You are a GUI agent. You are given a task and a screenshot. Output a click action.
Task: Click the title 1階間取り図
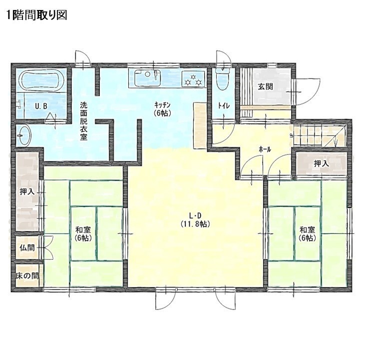point(37,15)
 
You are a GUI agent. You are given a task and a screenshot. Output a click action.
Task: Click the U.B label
point(41,106)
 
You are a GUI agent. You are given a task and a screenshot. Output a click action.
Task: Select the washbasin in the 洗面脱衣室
point(24,135)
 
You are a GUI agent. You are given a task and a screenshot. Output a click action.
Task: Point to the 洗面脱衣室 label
point(83,121)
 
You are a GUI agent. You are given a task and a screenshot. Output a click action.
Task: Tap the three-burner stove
point(193,79)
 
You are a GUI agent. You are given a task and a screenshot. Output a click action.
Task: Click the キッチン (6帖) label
point(162,109)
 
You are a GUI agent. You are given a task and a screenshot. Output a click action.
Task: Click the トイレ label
point(224,106)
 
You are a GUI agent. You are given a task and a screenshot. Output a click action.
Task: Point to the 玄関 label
point(266,86)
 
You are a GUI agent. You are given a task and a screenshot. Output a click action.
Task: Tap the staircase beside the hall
point(320,135)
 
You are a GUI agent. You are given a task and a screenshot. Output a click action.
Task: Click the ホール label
point(265,149)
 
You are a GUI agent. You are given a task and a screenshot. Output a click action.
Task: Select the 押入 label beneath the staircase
point(321,164)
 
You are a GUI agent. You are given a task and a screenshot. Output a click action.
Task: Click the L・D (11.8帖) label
point(195,219)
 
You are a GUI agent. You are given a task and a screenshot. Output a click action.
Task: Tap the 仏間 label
point(27,247)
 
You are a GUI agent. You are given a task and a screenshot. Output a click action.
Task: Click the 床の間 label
point(27,275)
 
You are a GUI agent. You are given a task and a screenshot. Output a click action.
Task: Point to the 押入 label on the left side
point(27,191)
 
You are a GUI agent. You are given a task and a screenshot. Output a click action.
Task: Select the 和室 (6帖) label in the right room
point(307,234)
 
